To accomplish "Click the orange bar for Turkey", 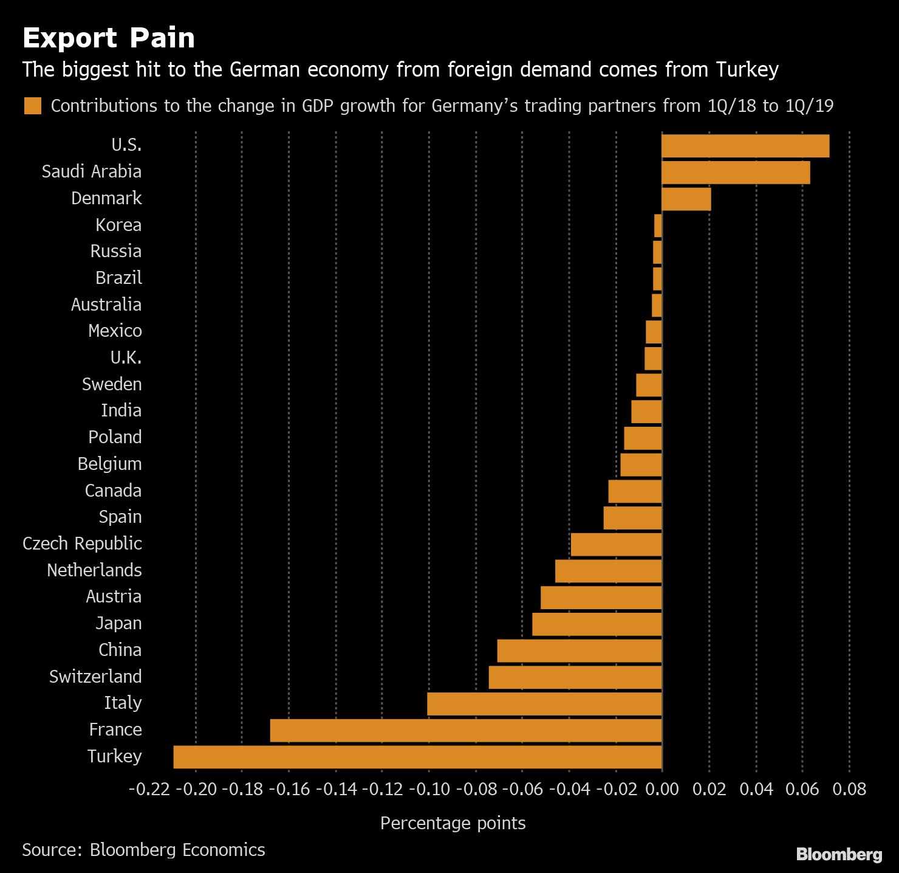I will pyautogui.click(x=417, y=757).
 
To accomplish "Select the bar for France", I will pyautogui.click(x=466, y=730).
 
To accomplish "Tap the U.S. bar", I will pyautogui.click(x=745, y=146).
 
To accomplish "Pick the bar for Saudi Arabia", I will pyautogui.click(x=736, y=173).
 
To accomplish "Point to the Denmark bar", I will pyautogui.click(x=686, y=199).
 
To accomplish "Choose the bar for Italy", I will pyautogui.click(x=544, y=704).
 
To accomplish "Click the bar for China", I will pyautogui.click(x=579, y=650).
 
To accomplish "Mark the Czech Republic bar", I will pyautogui.click(x=616, y=544).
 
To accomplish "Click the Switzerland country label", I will pyautogui.click(x=95, y=677).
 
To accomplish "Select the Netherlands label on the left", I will pyautogui.click(x=94, y=570).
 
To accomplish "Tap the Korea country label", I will pyautogui.click(x=118, y=225).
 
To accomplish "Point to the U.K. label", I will pyautogui.click(x=126, y=357).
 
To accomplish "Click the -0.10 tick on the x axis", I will pyautogui.click(x=429, y=789).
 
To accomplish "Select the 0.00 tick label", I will pyautogui.click(x=661, y=789).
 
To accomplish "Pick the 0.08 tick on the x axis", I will pyautogui.click(x=849, y=789).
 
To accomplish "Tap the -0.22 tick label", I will pyautogui.click(x=149, y=789).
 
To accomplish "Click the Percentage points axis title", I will pyautogui.click(x=453, y=823).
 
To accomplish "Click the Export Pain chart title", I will pyautogui.click(x=109, y=38).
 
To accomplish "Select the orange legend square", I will pyautogui.click(x=33, y=106).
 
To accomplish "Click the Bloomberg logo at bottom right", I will pyautogui.click(x=839, y=854).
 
